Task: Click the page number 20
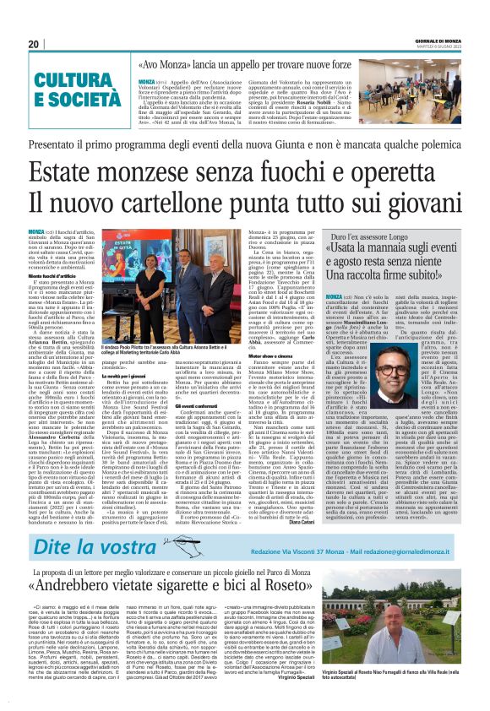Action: tap(34, 45)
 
